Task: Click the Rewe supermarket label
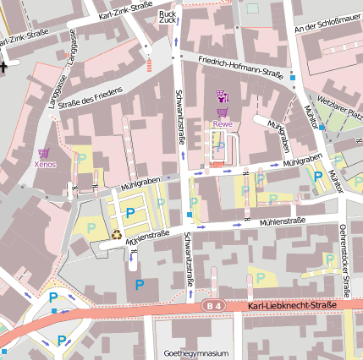(x=223, y=124)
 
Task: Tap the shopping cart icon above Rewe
(x=223, y=112)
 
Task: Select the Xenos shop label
(x=45, y=164)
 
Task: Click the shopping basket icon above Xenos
(x=44, y=152)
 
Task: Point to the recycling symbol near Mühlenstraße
(x=117, y=235)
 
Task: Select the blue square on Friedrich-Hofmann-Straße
(x=293, y=77)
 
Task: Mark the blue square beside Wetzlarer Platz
(x=322, y=126)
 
